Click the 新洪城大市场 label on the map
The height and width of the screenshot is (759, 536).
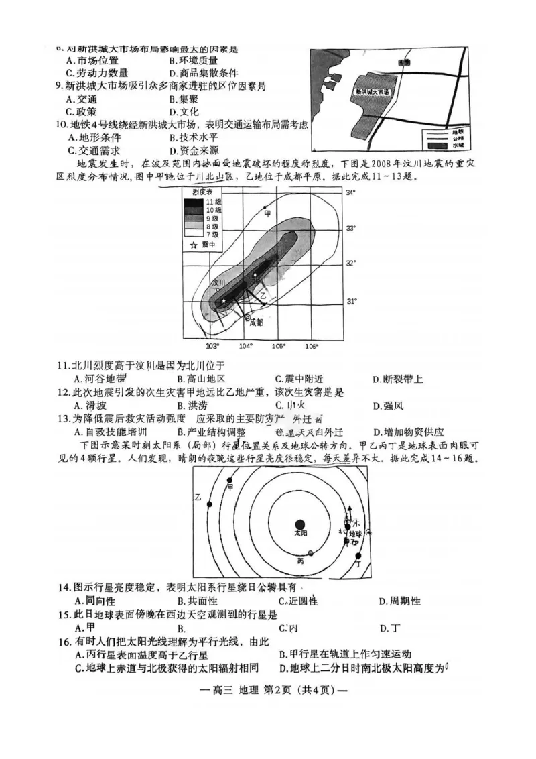(x=372, y=90)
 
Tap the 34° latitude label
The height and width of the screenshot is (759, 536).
(x=350, y=193)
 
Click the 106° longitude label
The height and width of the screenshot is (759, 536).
(x=312, y=347)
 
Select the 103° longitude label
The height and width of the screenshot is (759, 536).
(x=213, y=347)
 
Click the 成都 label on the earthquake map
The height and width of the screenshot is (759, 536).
(x=256, y=322)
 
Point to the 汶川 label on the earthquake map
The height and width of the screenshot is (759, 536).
(x=217, y=284)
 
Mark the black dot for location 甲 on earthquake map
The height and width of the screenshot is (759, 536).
(x=265, y=208)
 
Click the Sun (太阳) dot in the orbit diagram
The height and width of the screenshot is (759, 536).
(x=300, y=524)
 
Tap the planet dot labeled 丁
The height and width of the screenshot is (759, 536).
(x=358, y=556)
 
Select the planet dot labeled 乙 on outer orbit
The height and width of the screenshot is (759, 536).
(x=210, y=504)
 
